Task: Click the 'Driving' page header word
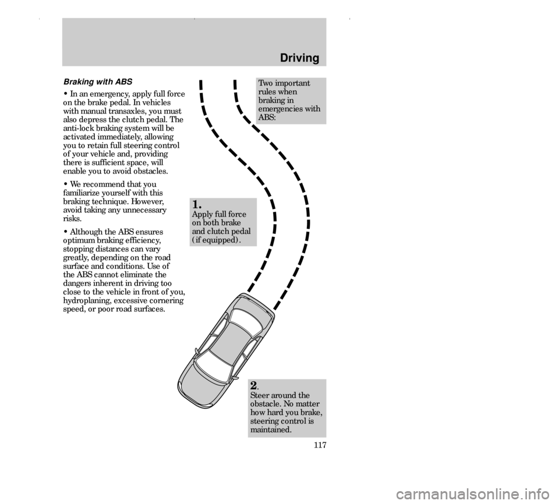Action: tap(299, 58)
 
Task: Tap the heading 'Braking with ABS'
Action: tap(98, 81)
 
